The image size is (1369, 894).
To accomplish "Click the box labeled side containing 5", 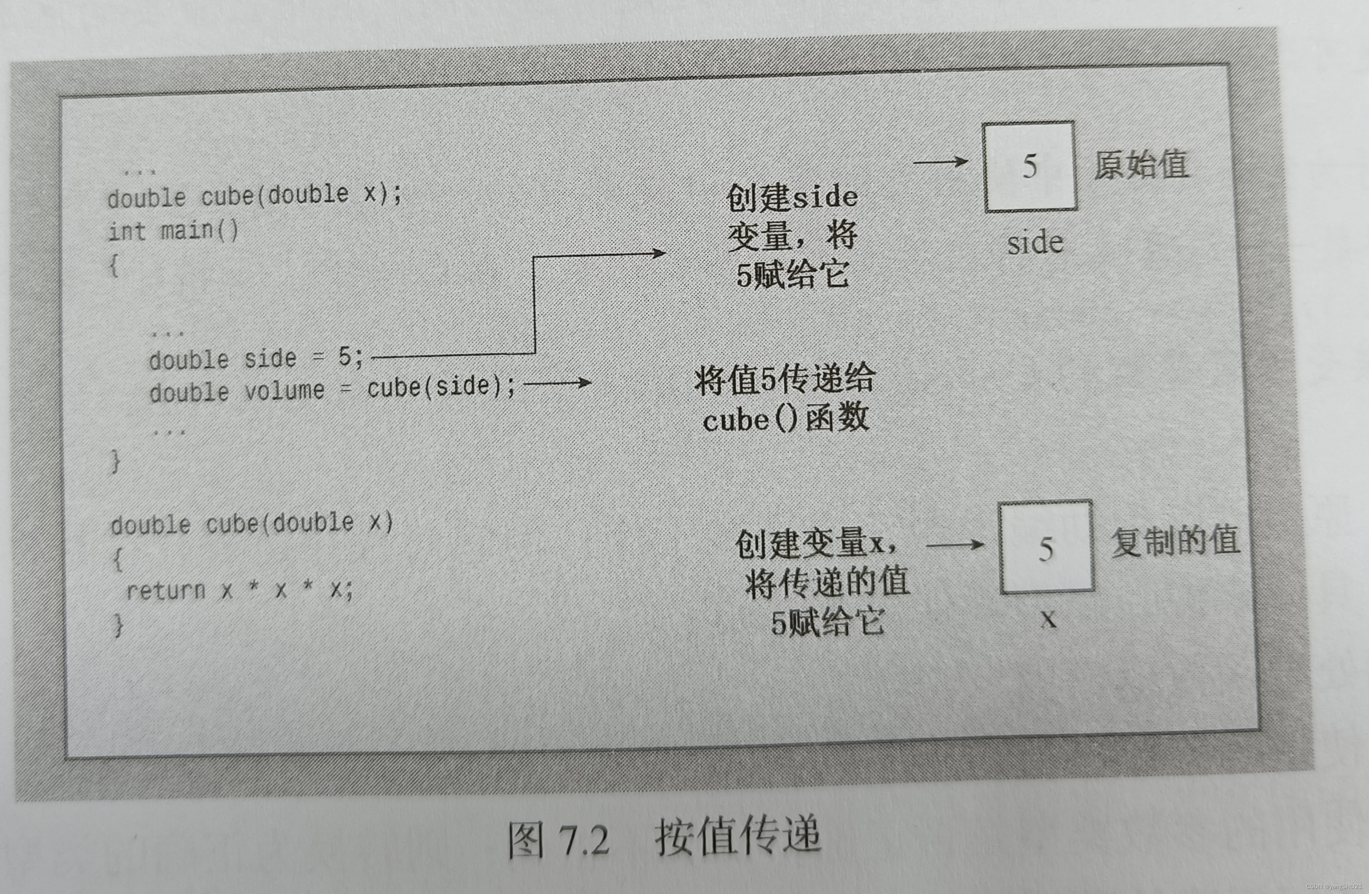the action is [1029, 166].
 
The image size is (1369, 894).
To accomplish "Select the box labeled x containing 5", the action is [1046, 547].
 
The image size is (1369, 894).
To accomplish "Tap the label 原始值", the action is [1141, 166].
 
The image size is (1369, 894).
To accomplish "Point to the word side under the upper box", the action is [1035, 242].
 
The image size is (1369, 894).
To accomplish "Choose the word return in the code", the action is [166, 590].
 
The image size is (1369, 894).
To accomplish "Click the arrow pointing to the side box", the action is [940, 162].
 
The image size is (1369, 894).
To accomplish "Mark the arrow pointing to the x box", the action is [955, 545].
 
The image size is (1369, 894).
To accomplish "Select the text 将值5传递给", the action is [785, 380].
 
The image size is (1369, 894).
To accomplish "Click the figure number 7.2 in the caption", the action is [583, 840].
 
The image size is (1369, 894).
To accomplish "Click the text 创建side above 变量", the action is [792, 197].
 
